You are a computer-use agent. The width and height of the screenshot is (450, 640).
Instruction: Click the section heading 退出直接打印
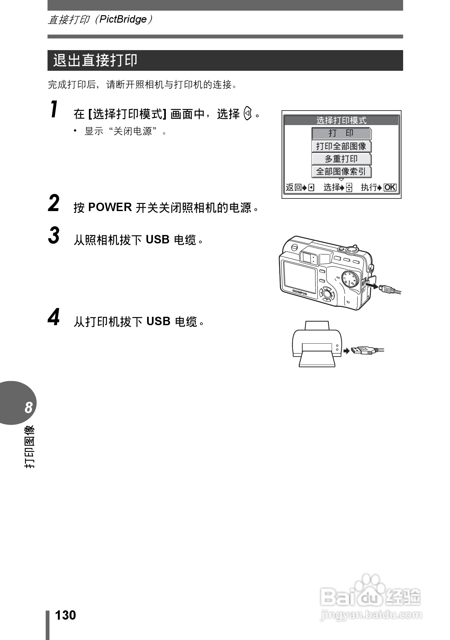(x=95, y=60)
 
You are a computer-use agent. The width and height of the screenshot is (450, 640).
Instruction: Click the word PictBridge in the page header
(x=123, y=19)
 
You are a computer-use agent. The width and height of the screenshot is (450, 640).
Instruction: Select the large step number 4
(x=54, y=317)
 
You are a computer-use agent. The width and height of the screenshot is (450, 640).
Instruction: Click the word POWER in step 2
(x=110, y=207)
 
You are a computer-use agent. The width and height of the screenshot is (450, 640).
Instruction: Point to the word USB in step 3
(x=157, y=240)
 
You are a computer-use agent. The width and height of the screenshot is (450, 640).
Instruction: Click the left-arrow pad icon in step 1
(x=248, y=114)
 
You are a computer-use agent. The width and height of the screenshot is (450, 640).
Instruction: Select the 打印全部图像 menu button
(x=341, y=146)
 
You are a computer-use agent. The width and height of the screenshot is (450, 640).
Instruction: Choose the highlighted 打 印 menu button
(x=341, y=133)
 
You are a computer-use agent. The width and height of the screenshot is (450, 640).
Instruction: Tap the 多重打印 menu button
(x=341, y=159)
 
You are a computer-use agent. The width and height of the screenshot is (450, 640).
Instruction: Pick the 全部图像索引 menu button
(x=341, y=172)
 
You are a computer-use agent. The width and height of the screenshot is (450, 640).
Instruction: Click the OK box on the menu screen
(x=390, y=187)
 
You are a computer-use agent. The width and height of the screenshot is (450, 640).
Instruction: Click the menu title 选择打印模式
(x=341, y=121)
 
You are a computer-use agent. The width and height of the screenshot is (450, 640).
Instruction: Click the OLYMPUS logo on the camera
(x=299, y=292)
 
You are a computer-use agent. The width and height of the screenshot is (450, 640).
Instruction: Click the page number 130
(x=66, y=615)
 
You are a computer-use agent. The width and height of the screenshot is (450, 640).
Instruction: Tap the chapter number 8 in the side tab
(x=28, y=408)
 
